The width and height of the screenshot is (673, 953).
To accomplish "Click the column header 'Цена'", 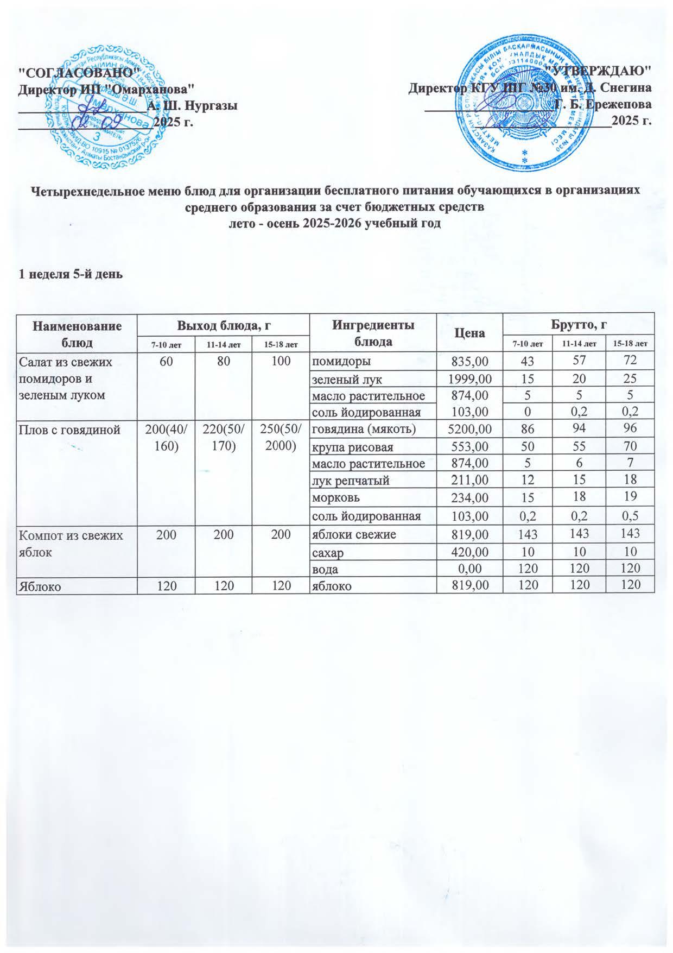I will coord(470,332).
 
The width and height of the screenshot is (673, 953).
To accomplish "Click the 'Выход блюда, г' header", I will coord(223,325).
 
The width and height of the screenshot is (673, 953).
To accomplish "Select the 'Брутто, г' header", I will coord(579,325).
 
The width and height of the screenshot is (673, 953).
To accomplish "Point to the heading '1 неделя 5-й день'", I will coord(71,274).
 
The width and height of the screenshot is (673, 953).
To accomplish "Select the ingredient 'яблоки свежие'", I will coord(353,534).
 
